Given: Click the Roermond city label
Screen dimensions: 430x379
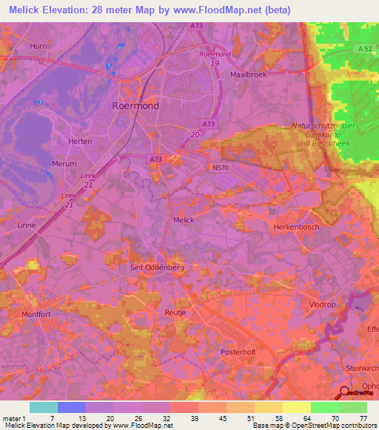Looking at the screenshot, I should [135, 106].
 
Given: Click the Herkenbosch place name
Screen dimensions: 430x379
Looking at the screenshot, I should [296, 227].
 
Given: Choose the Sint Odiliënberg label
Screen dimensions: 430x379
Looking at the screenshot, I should [156, 267].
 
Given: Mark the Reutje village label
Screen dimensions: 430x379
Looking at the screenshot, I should [175, 314].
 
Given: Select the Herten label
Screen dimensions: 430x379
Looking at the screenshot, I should [79, 141].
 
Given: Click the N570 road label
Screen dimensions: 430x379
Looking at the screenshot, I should [221, 168].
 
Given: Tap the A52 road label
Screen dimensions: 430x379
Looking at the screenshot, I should [363, 49].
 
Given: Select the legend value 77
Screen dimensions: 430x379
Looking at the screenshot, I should [362, 419].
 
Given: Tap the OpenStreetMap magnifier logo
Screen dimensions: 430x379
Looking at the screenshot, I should [346, 392].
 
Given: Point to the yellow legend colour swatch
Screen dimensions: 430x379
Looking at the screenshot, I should [296, 407].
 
